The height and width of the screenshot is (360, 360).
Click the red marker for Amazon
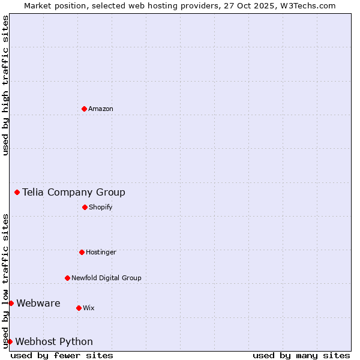pos(84,109)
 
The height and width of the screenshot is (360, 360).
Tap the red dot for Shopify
pos(85,207)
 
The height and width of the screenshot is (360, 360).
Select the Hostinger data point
pos(82,252)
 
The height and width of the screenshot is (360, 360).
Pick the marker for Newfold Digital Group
pos(67,278)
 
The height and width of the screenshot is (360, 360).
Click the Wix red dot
pos(79,308)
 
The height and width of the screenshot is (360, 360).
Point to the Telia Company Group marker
pos(17,192)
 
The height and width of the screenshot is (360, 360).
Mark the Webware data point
pos(11,303)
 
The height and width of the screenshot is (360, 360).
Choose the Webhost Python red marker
pos(10,341)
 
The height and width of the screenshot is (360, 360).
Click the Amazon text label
pos(101,109)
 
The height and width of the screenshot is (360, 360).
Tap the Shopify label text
pos(101,207)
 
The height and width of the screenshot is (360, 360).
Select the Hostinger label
pos(101,252)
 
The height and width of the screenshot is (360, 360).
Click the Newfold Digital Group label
pos(106,278)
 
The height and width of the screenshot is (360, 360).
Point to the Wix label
pos(89,308)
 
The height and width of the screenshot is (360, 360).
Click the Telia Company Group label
pos(74,192)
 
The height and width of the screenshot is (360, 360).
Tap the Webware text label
pos(38,303)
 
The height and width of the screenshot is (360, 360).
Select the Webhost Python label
pos(54,341)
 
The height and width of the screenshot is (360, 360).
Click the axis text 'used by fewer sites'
pos(62,355)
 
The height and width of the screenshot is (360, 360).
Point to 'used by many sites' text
pos(301,355)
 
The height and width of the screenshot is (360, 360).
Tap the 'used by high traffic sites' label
pos(5,85)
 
